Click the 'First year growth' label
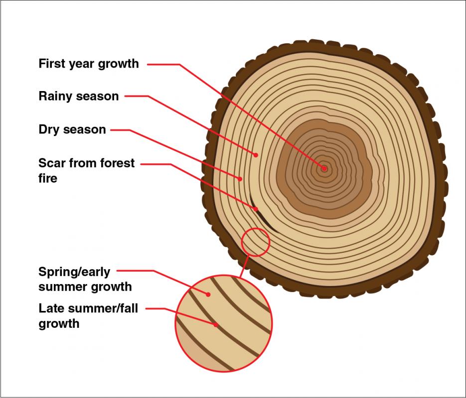pyautogui.click(x=89, y=64)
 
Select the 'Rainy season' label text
pyautogui.click(x=79, y=96)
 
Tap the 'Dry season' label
pyautogui.click(x=72, y=129)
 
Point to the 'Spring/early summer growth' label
pyautogui.click(x=85, y=279)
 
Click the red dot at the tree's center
pyautogui.click(x=324, y=169)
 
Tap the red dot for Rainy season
pyautogui.click(x=256, y=155)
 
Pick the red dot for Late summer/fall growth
pyautogui.click(x=216, y=326)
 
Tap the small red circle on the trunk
pyautogui.click(x=256, y=242)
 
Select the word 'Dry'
pyautogui.click(x=49, y=129)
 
